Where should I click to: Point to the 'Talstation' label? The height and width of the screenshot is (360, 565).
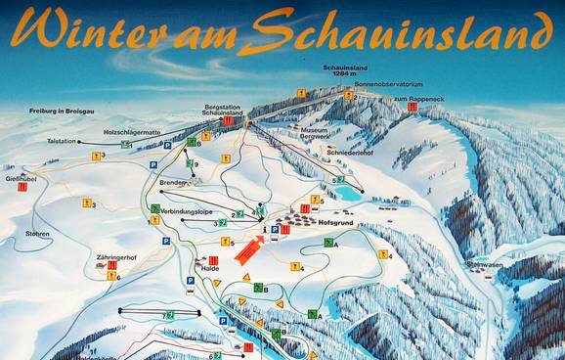click(x=61, y=142)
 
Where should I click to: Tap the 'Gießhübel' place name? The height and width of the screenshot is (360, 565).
click(x=20, y=179)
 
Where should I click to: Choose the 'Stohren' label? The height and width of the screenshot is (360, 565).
click(x=37, y=234)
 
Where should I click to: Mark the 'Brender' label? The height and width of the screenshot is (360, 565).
click(x=173, y=183)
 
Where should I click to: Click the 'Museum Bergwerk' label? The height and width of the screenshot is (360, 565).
click(x=314, y=134)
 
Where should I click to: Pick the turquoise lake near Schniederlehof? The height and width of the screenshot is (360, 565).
click(x=346, y=194)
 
